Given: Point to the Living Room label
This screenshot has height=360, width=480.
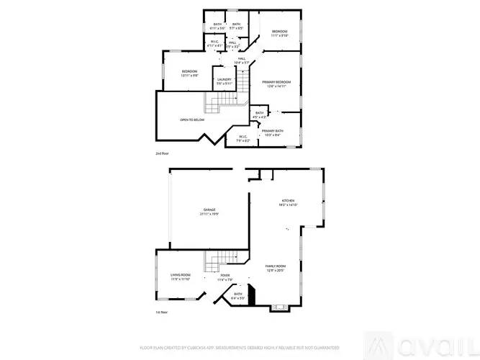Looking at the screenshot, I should coord(181,276).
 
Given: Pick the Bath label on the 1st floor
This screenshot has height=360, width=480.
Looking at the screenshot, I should coord(238,295).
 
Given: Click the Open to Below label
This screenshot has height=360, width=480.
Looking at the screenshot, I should coord(192,120).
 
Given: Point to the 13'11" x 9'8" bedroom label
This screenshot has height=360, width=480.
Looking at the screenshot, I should coord(189,73).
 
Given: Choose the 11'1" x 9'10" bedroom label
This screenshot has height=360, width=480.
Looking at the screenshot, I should coord(280,33).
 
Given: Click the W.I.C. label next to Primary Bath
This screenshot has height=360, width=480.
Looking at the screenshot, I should coord(242,139).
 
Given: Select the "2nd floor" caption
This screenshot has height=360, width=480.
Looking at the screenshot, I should coord(163,154).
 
